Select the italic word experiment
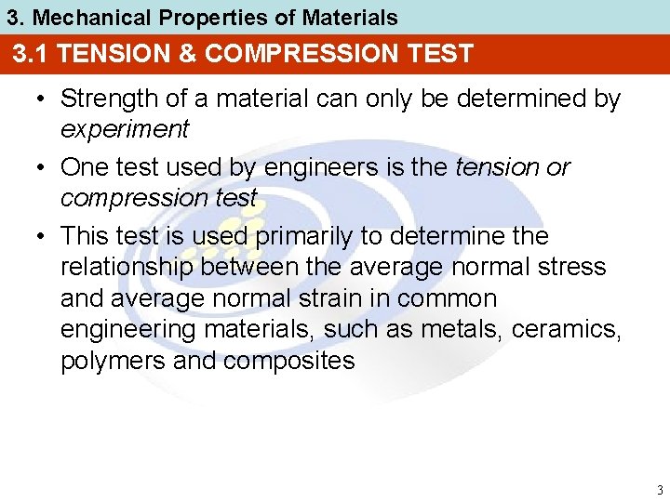point(124,129)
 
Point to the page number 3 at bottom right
point(659,490)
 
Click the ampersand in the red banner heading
point(186,54)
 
